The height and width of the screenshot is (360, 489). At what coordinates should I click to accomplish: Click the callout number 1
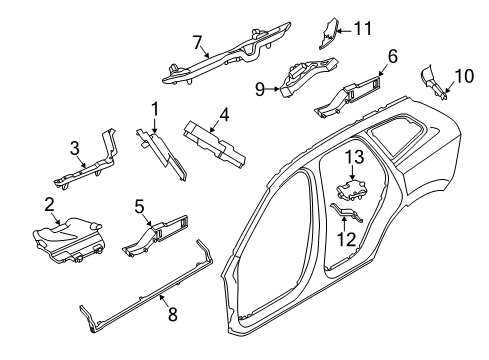(156, 108)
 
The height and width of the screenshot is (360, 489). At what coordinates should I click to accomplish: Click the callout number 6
(393, 57)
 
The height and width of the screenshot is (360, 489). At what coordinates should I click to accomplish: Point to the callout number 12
(347, 239)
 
